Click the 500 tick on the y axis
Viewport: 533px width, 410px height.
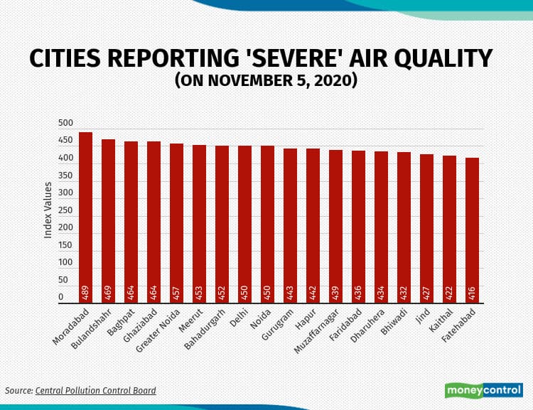click(65, 123)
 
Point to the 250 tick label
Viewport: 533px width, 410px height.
click(65, 210)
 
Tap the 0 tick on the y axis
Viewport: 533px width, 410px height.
click(60, 297)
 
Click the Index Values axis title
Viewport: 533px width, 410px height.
click(48, 210)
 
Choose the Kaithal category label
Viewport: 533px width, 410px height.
click(443, 319)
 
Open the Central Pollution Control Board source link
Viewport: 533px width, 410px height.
click(95, 390)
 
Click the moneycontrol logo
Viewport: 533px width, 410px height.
click(483, 390)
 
